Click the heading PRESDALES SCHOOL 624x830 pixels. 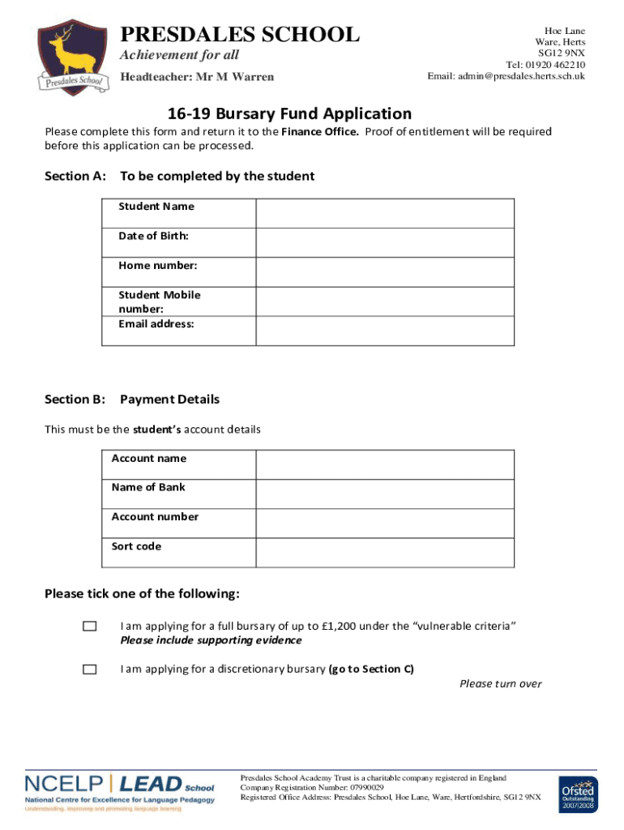coord(239,35)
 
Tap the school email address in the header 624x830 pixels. coord(506,76)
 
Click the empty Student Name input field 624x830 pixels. coord(385,214)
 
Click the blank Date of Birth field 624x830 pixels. coord(385,243)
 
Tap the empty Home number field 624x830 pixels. coord(385,272)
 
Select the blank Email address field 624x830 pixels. coord(385,331)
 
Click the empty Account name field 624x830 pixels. coord(385,465)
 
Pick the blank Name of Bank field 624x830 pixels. coord(385,494)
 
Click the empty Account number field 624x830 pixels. coord(385,524)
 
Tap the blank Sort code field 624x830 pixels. coord(385,553)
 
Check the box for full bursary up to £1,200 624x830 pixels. coord(89,627)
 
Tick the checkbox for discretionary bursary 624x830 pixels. coord(89,670)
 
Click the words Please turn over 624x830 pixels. coord(500,684)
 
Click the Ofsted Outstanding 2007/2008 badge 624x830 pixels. coord(577,795)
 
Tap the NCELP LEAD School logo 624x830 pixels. coord(120,790)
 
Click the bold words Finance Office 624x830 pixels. coord(319,132)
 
